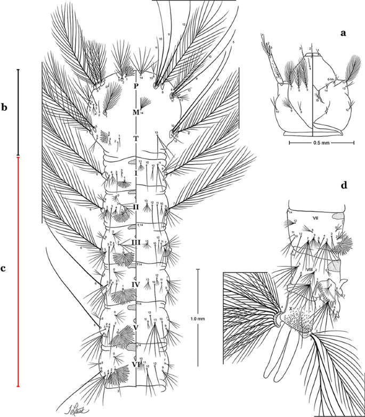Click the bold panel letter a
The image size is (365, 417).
click(x=344, y=33)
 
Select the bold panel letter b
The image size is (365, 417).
click(x=5, y=108)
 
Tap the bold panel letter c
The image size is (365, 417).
click(x=4, y=268)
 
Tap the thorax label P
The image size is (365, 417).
click(x=136, y=85)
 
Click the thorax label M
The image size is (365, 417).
click(x=136, y=112)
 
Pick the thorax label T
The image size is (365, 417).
click(x=136, y=140)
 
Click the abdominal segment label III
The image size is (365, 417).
click(x=136, y=243)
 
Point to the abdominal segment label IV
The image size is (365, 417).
click(x=136, y=285)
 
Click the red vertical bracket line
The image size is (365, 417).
click(x=18, y=272)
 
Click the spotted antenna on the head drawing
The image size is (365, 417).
click(x=270, y=64)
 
